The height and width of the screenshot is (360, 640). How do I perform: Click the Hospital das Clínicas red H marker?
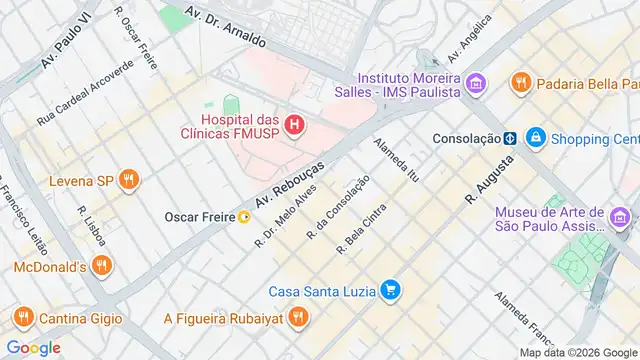click(294, 125)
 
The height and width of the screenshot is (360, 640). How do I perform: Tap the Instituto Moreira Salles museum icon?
click(475, 82)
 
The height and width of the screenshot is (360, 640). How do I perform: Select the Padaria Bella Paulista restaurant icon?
click(520, 82)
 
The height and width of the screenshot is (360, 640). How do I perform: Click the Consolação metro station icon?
click(509, 137)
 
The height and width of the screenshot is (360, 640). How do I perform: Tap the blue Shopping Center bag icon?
click(536, 137)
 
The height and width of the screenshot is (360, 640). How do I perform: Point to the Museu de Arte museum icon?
click(620, 216)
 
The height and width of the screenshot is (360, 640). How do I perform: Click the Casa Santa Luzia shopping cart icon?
click(392, 291)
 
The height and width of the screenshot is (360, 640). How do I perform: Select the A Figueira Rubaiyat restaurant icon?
click(297, 318)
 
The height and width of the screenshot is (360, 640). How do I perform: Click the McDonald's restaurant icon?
click(100, 265)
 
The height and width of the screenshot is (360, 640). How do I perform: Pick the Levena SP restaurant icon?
click(127, 180)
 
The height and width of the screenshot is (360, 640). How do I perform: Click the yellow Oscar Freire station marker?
click(245, 216)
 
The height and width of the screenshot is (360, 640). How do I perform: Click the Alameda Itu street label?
click(396, 160)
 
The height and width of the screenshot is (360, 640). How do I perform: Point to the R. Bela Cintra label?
click(361, 229)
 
